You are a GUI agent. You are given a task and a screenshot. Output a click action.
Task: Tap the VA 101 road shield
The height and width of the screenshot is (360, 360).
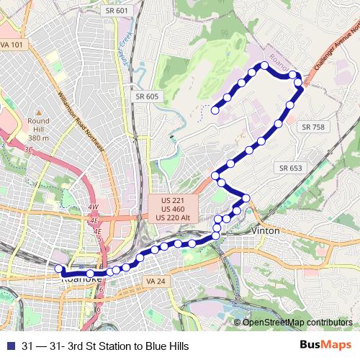pos(12,45)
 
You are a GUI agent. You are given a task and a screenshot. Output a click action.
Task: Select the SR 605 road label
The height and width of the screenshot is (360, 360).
pos(146,96)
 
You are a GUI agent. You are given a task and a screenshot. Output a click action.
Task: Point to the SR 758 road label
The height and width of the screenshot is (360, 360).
pos(313,127)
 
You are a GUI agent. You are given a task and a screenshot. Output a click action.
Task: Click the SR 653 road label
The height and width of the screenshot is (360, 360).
pos(290,168)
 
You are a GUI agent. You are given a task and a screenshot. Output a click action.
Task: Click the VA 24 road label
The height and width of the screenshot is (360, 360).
pos(155,280)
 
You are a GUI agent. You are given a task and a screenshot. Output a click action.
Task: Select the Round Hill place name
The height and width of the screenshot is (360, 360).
pos(38,121)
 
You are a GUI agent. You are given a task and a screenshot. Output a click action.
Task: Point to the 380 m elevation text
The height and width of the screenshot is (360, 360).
pos(38,137)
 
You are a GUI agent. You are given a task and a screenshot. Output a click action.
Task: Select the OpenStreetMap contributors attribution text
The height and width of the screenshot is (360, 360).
pos(298,322)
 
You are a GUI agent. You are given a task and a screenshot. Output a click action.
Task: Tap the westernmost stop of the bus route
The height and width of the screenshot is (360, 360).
pos(59,269)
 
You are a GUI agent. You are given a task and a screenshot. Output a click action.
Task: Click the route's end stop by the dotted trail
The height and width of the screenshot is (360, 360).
pos(215,110)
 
